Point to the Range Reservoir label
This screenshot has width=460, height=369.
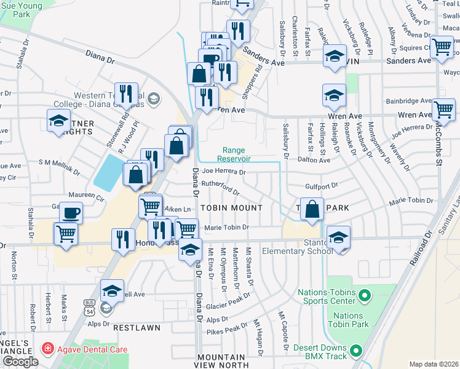point(234,154)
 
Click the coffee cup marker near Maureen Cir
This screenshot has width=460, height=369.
point(71,213)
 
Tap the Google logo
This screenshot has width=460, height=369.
point(20,362)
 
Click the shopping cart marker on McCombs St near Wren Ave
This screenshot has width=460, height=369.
point(443,109)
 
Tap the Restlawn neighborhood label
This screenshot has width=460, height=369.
point(137,328)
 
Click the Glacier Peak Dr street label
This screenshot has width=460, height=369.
point(229,301)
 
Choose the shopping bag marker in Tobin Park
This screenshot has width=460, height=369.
point(312,208)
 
